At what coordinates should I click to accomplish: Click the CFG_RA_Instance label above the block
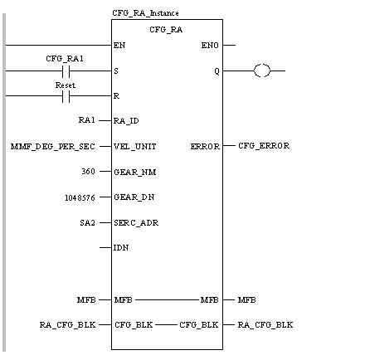click(x=145, y=13)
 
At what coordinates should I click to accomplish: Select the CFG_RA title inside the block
click(x=166, y=30)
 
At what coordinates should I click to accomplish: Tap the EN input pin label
click(x=119, y=45)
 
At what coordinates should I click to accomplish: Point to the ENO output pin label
click(x=210, y=45)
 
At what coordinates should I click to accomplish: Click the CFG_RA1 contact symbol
click(x=66, y=71)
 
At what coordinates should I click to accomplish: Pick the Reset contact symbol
click(x=66, y=96)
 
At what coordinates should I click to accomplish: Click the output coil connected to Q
click(x=262, y=71)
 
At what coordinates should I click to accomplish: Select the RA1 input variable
click(x=87, y=120)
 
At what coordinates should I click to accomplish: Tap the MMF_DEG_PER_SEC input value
click(x=53, y=147)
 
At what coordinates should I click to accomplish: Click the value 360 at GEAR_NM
click(x=89, y=172)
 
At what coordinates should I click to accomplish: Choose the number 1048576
click(x=80, y=198)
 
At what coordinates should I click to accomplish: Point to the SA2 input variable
click(x=87, y=222)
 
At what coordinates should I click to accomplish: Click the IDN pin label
click(x=121, y=248)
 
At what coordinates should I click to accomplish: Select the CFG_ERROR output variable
click(x=264, y=146)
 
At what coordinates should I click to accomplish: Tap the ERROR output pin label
click(x=205, y=146)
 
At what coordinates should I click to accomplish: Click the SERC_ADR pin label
click(x=136, y=223)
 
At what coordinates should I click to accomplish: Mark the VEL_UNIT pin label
click(x=135, y=147)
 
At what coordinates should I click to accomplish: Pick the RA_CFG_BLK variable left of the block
click(x=67, y=324)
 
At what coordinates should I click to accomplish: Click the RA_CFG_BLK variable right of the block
click(x=265, y=324)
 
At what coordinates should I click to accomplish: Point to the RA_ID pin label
click(x=126, y=121)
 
